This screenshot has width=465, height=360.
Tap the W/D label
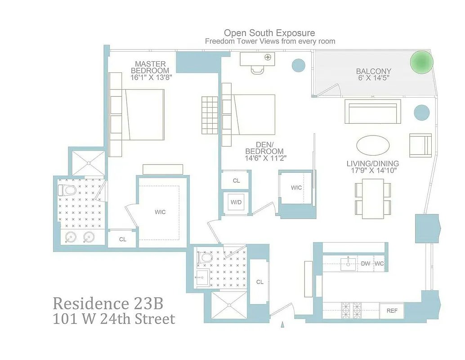[x=236, y=202]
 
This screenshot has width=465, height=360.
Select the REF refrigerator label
[x=392, y=310]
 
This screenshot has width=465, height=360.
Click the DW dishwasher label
[x=365, y=264]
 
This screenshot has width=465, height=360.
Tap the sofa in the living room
[x=373, y=112]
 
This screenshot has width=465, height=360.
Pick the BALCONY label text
[x=373, y=71]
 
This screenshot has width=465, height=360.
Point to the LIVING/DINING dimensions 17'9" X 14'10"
[x=373, y=171]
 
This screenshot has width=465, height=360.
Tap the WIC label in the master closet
[x=160, y=212]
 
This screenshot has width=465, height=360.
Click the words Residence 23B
[x=107, y=303]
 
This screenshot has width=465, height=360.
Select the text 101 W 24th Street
[x=114, y=319]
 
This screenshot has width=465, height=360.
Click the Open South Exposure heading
[x=269, y=33]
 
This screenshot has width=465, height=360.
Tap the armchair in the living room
[x=420, y=145]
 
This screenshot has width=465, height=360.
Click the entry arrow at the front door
[x=283, y=324]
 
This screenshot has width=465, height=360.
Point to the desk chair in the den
[x=257, y=70]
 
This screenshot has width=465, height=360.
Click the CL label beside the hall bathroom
[x=259, y=282]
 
